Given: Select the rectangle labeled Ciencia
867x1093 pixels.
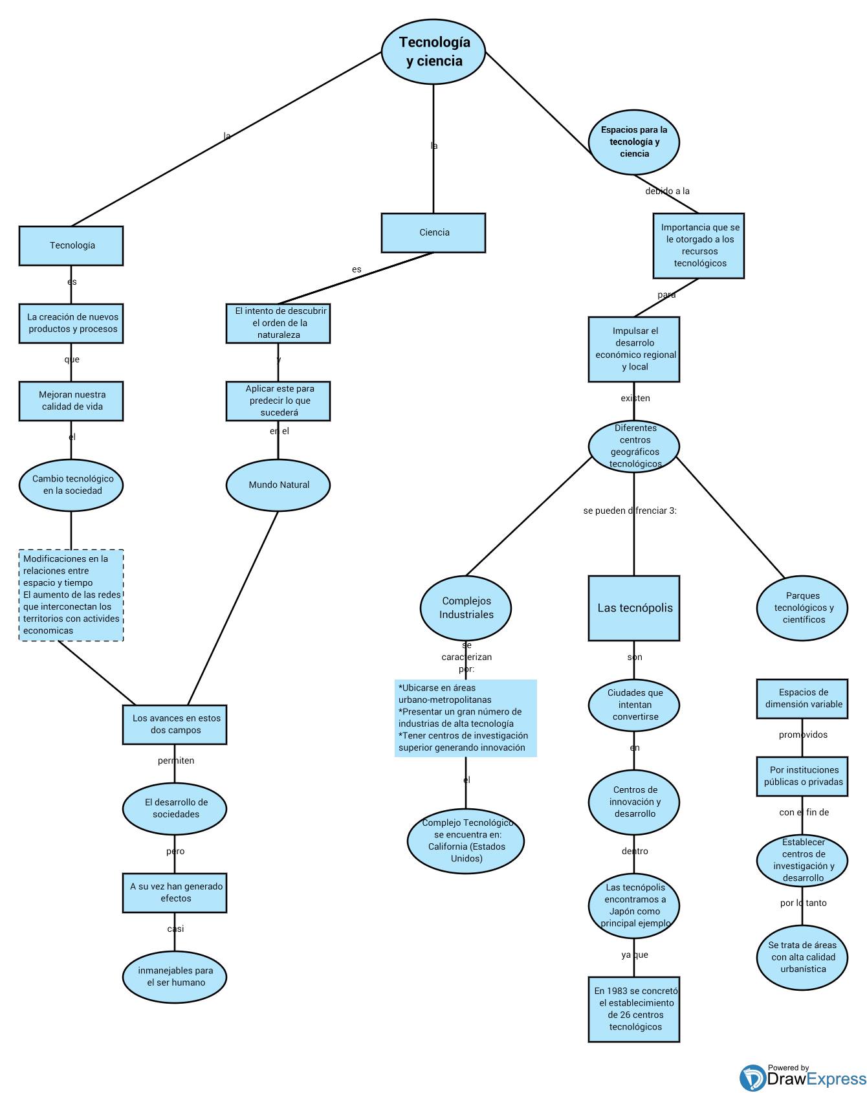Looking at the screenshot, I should (x=433, y=233).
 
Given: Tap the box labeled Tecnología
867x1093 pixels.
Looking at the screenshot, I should (x=71, y=246).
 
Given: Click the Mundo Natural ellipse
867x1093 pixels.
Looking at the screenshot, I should (x=278, y=485).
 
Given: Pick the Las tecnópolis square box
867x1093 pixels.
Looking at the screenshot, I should (x=634, y=608).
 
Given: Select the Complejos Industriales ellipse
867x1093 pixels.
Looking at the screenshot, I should (x=466, y=608).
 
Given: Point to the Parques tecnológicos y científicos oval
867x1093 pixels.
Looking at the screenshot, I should (x=802, y=608).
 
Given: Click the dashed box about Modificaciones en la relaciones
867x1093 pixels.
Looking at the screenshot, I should (x=71, y=595).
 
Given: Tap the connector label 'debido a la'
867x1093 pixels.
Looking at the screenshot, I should (x=667, y=191).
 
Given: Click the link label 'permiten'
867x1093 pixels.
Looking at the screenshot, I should (x=175, y=760).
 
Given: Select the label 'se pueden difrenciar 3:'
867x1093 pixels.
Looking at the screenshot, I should (x=630, y=511).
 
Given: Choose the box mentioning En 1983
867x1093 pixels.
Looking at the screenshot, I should (x=634, y=1009).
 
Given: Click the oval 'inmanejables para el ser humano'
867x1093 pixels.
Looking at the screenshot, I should (x=175, y=977).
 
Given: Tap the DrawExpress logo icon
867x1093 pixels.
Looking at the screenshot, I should (x=752, y=1078).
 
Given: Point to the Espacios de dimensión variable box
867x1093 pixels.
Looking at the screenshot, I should (x=802, y=698).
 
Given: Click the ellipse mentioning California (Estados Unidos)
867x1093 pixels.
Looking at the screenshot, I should (x=466, y=841).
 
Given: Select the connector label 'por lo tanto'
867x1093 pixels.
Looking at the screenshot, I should (x=803, y=903).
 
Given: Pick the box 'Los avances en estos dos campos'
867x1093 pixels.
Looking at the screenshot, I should (x=175, y=724).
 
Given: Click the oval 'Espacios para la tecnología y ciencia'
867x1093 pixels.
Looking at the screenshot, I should (x=634, y=142).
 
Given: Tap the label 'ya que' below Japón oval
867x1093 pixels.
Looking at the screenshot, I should (x=634, y=955).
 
